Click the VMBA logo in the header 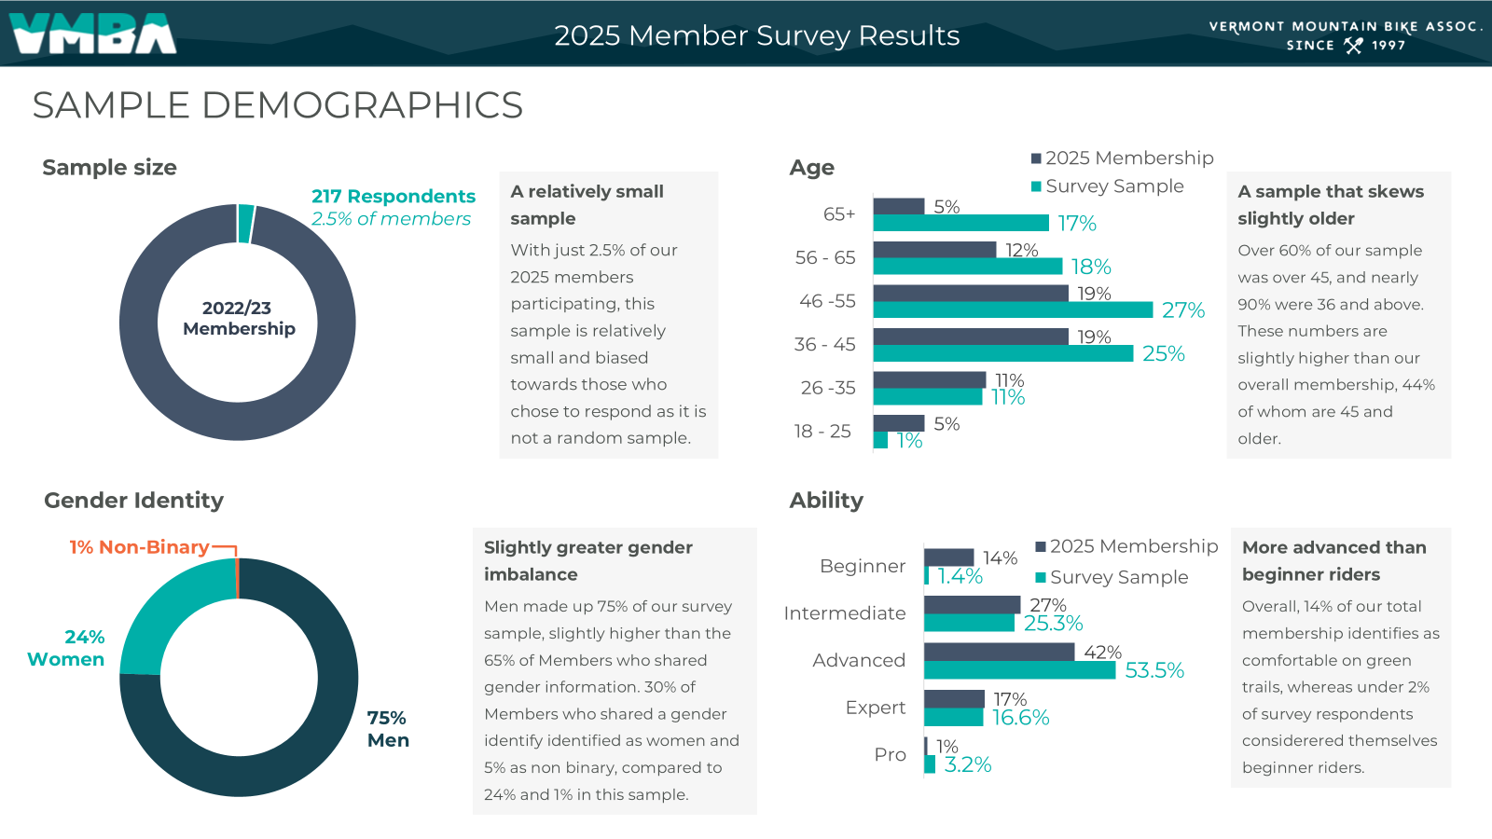point(92,34)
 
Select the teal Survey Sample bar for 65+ point(960,223)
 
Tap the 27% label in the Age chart point(1182,310)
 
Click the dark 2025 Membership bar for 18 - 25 point(899,423)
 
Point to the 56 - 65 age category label point(825,257)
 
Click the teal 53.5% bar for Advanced point(1019,670)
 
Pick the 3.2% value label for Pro point(967,764)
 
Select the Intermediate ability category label point(845,613)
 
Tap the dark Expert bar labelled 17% point(954,698)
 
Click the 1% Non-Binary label point(139,547)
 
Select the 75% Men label point(388,729)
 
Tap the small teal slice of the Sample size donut point(245,224)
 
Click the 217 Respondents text point(393,197)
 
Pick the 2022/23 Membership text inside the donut point(239,318)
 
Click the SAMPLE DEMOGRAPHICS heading point(277,105)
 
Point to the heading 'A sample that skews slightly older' point(1330,204)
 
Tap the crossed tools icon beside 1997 point(1353,45)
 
